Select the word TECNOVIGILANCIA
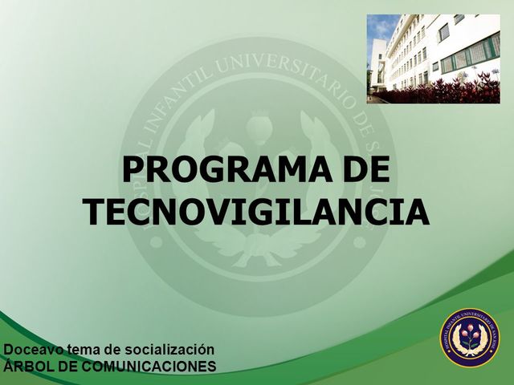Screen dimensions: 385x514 click(256, 212)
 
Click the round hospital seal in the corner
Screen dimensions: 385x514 click(469, 338)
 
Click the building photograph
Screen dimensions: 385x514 click(433, 59)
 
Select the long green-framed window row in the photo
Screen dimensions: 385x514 click(471, 55)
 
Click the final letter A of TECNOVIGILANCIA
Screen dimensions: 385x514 click(417, 212)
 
